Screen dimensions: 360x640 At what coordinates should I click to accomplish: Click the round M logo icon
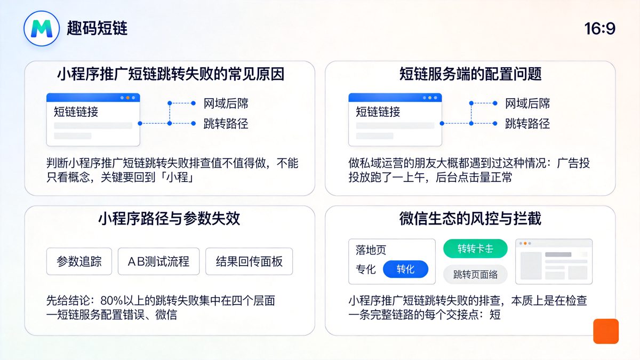pos(41,28)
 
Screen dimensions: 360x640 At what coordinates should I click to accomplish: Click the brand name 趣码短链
pos(98,28)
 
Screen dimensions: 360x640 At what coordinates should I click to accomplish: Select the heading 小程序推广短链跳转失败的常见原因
pos(170,74)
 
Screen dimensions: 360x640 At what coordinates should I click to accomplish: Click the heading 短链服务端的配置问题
pos(470,74)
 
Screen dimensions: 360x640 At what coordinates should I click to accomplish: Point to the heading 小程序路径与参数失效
pos(169,219)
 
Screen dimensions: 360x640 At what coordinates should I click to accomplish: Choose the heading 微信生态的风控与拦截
pos(470,219)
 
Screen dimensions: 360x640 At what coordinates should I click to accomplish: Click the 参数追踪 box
pos(79,261)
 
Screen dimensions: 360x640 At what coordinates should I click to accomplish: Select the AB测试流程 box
pos(158,261)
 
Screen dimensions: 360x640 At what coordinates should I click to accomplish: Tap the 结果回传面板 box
pos(249,261)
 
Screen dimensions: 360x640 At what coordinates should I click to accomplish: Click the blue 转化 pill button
pos(405,269)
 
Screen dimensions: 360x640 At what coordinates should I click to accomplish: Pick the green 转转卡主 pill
pos(475,249)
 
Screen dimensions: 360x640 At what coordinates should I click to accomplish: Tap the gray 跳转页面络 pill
pos(475,275)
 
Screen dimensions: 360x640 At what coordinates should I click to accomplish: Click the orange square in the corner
pos(606,331)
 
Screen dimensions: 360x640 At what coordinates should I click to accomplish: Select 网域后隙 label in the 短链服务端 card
pos(527,103)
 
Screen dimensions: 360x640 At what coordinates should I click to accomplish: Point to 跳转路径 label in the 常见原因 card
pos(226,124)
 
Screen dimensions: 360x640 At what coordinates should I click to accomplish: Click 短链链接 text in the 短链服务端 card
pos(378,112)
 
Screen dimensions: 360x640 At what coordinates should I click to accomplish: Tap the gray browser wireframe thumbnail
pos(554,261)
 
